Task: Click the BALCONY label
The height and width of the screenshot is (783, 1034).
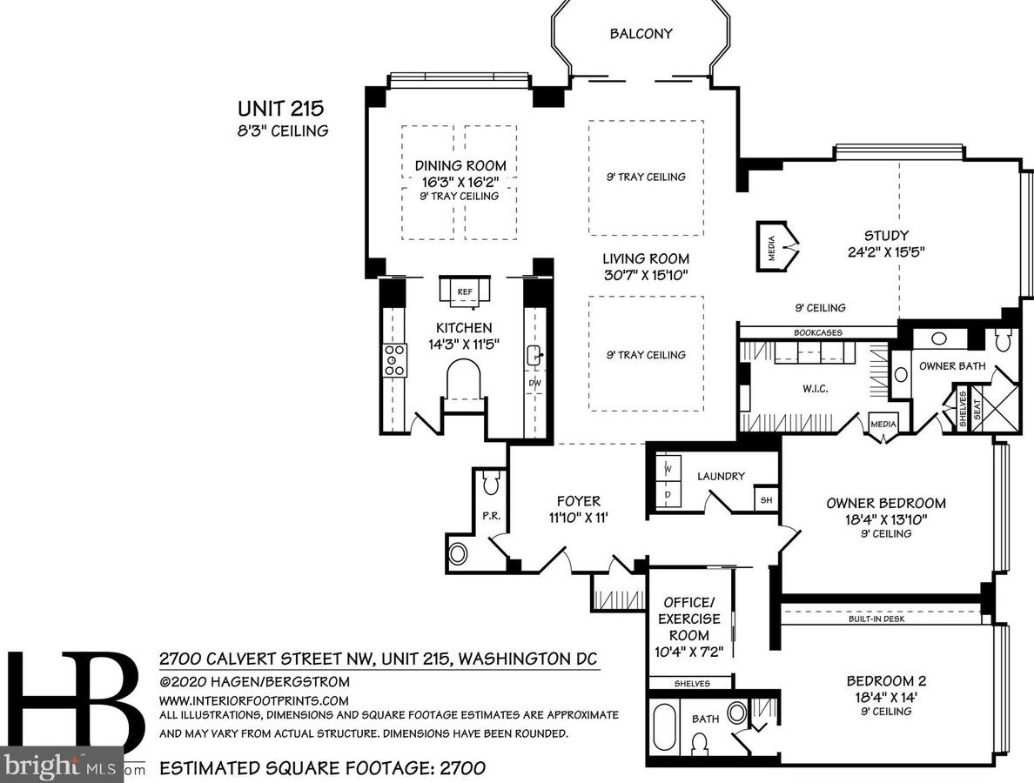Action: (641, 34)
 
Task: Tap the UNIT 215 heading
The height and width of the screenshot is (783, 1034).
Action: (281, 108)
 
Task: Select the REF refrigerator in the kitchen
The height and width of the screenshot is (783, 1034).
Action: (465, 291)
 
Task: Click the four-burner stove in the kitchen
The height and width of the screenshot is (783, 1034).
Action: (394, 360)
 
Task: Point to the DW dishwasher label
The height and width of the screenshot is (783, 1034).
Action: (534, 383)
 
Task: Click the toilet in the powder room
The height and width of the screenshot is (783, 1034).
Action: (490, 483)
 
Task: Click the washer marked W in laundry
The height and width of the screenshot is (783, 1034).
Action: (668, 469)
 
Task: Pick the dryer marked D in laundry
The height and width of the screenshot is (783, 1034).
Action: (668, 494)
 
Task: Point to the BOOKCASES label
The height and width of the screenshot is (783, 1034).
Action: (817, 333)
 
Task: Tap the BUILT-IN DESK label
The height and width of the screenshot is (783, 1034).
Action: (876, 619)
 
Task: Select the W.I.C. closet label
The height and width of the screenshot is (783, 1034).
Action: (815, 389)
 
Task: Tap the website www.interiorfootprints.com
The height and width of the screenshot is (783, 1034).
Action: (253, 700)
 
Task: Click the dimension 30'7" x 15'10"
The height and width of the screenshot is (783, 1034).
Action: (646, 275)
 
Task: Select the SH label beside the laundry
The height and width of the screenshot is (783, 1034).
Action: (766, 500)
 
